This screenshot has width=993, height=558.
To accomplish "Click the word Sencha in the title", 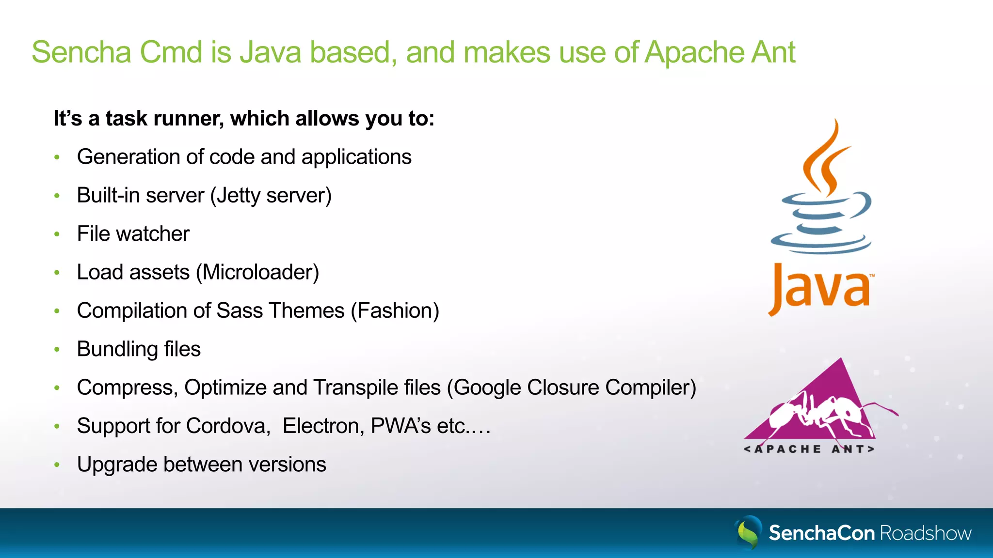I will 81,52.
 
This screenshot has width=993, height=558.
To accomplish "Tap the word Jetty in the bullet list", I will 238,196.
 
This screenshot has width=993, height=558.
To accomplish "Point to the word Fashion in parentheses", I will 395,310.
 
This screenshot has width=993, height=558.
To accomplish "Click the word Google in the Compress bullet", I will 487,387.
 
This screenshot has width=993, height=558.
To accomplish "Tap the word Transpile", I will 357,387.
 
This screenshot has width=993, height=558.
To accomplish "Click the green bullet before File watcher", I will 57,234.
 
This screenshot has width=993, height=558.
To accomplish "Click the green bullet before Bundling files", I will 57,349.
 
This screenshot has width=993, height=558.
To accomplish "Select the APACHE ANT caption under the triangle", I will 809,449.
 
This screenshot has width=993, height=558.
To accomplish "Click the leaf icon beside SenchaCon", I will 749,532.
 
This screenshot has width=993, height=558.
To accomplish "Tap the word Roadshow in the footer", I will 925,533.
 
